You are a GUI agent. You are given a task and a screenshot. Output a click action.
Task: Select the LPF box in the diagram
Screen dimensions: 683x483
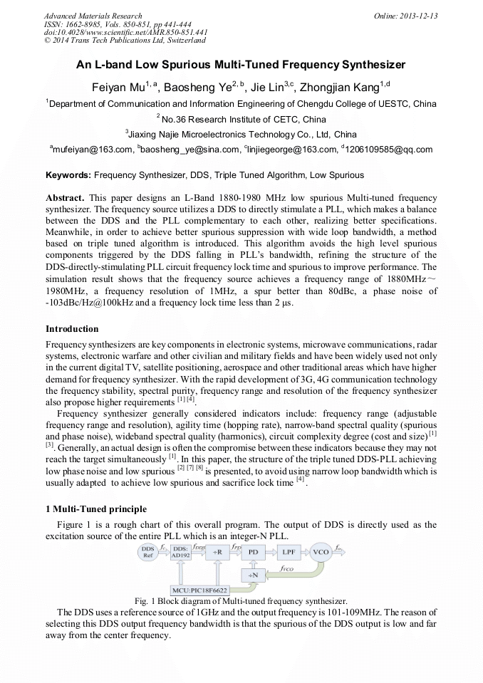[x=288, y=551]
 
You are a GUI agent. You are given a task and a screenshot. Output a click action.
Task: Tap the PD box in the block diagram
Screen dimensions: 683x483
[x=252, y=551]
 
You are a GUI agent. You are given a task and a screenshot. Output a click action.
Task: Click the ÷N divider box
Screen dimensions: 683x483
[x=252, y=574]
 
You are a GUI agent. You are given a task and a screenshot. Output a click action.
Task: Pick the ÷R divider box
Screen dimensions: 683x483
[x=216, y=551]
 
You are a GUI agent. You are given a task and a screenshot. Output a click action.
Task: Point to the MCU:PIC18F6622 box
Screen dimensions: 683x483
[x=200, y=590]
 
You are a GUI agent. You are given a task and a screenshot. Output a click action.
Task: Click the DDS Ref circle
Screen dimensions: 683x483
[x=147, y=552]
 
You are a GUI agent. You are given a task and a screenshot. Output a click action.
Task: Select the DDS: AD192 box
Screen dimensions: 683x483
[x=181, y=552]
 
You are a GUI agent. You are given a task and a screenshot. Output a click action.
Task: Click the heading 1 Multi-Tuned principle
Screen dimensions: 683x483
[x=96, y=509]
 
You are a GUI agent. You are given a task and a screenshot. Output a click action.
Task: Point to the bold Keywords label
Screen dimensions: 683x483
[x=68, y=174]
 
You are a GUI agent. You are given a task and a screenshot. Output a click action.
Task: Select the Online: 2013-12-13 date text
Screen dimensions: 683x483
[x=405, y=16]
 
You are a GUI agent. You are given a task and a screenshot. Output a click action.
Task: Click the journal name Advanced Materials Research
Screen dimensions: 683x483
[x=93, y=16]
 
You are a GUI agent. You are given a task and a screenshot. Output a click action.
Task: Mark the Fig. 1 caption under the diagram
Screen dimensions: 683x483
[x=241, y=601]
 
